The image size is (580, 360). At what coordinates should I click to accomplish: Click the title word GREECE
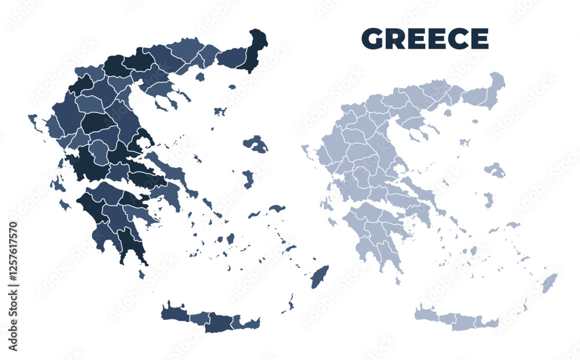click(x=425, y=38)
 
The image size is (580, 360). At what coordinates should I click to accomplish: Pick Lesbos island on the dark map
click(x=256, y=143)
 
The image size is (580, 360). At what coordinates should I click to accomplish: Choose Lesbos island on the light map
click(x=495, y=169)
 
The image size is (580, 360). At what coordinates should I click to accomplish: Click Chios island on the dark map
click(x=248, y=179)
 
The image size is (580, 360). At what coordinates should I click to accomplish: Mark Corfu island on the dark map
click(x=34, y=121)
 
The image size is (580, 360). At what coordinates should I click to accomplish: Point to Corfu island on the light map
click(x=305, y=150)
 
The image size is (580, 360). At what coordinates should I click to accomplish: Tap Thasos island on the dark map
click(x=200, y=77)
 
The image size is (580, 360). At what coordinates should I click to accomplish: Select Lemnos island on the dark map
click(x=220, y=111)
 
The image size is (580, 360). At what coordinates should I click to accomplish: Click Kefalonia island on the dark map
click(x=57, y=185)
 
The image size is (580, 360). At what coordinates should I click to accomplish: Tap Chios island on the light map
click(x=488, y=199)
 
